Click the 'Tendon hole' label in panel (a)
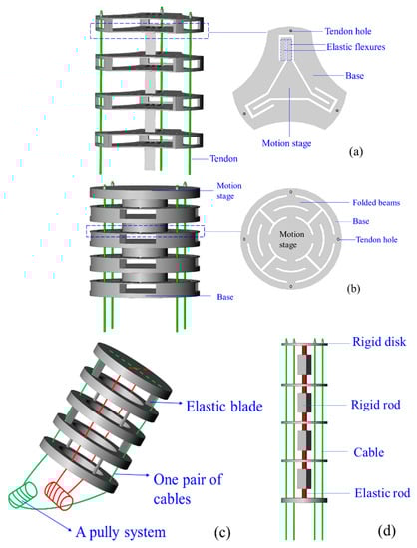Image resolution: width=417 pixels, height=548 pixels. [x=348, y=31]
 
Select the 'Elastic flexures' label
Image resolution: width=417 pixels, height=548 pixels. [x=356, y=47]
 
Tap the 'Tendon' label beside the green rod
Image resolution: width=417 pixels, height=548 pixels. [x=223, y=159]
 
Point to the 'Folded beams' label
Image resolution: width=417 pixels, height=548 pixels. [x=376, y=202]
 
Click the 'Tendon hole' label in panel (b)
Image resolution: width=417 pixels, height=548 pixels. [x=377, y=240]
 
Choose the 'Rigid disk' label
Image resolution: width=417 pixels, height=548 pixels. [x=379, y=342]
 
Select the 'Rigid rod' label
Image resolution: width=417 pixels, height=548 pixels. [x=376, y=405]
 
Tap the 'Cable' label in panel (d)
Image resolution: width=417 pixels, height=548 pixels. [x=369, y=452]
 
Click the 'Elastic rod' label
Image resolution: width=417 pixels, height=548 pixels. [x=382, y=493]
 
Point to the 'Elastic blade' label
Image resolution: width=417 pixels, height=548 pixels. [x=224, y=407]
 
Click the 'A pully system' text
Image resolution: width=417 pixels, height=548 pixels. [x=121, y=532]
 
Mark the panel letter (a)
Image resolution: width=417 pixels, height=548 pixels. [x=356, y=152]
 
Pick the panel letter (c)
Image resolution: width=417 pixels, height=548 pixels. [x=222, y=533]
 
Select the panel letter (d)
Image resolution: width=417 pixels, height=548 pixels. [x=387, y=531]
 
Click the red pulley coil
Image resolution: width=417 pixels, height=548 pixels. [x=59, y=495]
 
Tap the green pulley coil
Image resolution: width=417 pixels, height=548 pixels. [x=22, y=494]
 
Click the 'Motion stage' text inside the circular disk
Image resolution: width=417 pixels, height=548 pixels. [x=291, y=239]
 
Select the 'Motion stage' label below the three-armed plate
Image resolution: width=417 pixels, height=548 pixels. [x=286, y=143]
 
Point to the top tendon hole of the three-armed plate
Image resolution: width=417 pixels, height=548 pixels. [x=290, y=31]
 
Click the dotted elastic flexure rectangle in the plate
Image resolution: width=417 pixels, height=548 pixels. [x=286, y=49]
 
